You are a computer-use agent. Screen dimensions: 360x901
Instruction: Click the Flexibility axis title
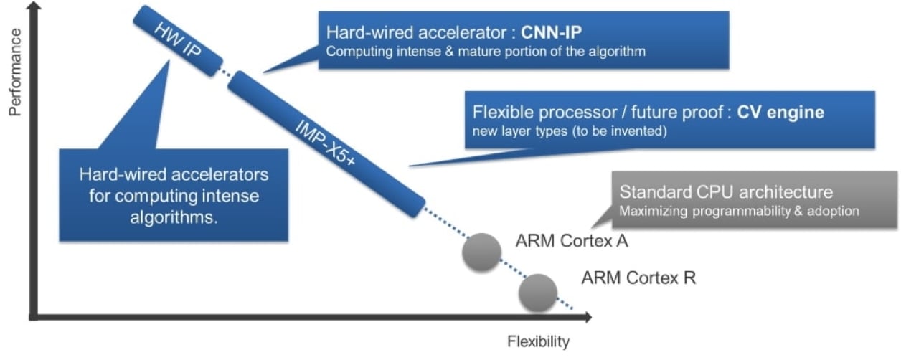pyautogui.click(x=538, y=341)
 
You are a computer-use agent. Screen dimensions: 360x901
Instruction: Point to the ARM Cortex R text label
pyautogui.click(x=638, y=278)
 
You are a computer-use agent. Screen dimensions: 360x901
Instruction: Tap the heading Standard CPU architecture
pyautogui.click(x=726, y=192)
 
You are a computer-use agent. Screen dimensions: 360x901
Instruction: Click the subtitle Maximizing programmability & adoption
pyautogui.click(x=739, y=212)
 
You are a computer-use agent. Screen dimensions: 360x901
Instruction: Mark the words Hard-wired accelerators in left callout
pyautogui.click(x=174, y=174)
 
